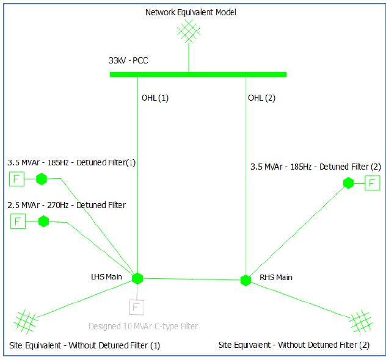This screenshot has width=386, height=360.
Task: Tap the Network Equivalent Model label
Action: (x=190, y=12)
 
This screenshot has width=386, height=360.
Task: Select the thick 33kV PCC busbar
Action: (x=198, y=74)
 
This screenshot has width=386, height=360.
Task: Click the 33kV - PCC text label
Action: (x=128, y=61)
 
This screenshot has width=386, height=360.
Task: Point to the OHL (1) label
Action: (x=155, y=98)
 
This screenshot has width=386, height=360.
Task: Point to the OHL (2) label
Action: (x=261, y=98)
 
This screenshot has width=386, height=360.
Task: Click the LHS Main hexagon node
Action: (x=137, y=278)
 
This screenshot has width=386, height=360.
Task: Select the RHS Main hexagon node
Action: (x=246, y=280)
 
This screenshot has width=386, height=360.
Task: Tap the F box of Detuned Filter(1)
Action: (x=16, y=179)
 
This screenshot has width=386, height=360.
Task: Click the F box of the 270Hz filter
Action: (x=18, y=221)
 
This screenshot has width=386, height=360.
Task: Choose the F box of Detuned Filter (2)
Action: (x=372, y=182)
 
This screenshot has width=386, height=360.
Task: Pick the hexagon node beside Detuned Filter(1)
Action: (x=42, y=179)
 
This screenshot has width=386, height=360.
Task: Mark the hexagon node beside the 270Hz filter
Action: (x=43, y=221)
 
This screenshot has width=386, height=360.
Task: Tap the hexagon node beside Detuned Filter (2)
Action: (x=348, y=182)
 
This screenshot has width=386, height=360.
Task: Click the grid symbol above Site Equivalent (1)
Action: (x=26, y=320)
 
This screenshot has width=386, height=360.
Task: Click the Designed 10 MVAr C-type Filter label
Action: (x=144, y=326)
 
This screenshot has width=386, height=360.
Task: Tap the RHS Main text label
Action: (x=276, y=278)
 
